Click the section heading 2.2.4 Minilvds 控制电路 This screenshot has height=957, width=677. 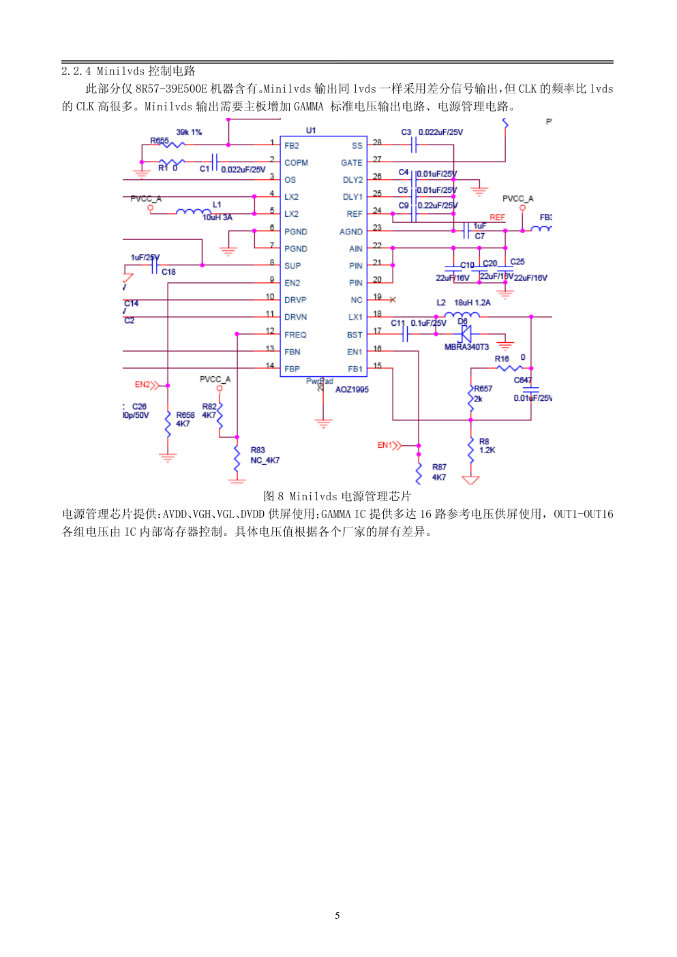128,71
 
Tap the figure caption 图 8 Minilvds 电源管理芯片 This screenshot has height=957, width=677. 337,496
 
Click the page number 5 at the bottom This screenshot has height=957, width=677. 337,915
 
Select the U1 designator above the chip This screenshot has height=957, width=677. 311,130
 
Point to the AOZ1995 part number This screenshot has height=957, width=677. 352,390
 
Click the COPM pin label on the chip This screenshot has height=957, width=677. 296,163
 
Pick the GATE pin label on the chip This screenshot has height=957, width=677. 352,163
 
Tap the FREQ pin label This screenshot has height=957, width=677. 295,335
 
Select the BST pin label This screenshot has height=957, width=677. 355,335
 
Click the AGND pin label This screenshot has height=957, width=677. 351,232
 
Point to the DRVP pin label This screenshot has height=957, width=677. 295,300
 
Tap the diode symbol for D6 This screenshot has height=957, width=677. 466,334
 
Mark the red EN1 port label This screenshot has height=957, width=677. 386,445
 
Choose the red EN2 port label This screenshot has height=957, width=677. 142,385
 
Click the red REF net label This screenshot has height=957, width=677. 497,217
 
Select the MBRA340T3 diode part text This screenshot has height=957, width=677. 466,347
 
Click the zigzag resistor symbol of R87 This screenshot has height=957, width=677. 419,472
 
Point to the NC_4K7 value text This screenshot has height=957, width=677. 265,461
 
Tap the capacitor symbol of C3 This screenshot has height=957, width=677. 414,145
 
